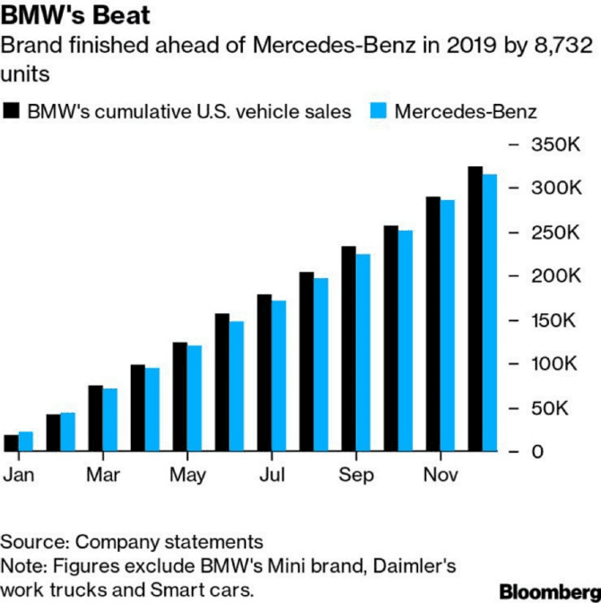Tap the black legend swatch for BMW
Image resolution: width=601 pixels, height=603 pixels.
(x=12, y=111)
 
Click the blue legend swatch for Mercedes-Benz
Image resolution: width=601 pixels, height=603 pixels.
(x=378, y=111)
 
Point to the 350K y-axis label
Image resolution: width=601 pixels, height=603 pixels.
(x=551, y=144)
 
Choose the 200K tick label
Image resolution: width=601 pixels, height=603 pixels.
(x=551, y=276)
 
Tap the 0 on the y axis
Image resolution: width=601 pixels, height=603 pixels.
(x=536, y=452)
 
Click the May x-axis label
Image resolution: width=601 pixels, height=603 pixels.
(x=187, y=476)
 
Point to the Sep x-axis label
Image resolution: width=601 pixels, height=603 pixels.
(x=356, y=476)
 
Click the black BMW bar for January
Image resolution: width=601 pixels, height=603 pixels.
(x=11, y=443)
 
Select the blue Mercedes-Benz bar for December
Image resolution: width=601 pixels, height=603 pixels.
(x=490, y=313)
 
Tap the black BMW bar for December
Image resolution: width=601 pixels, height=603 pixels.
(x=475, y=309)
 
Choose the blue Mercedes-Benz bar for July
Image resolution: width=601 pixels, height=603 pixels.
(x=279, y=376)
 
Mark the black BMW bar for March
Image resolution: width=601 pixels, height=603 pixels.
(x=95, y=418)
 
